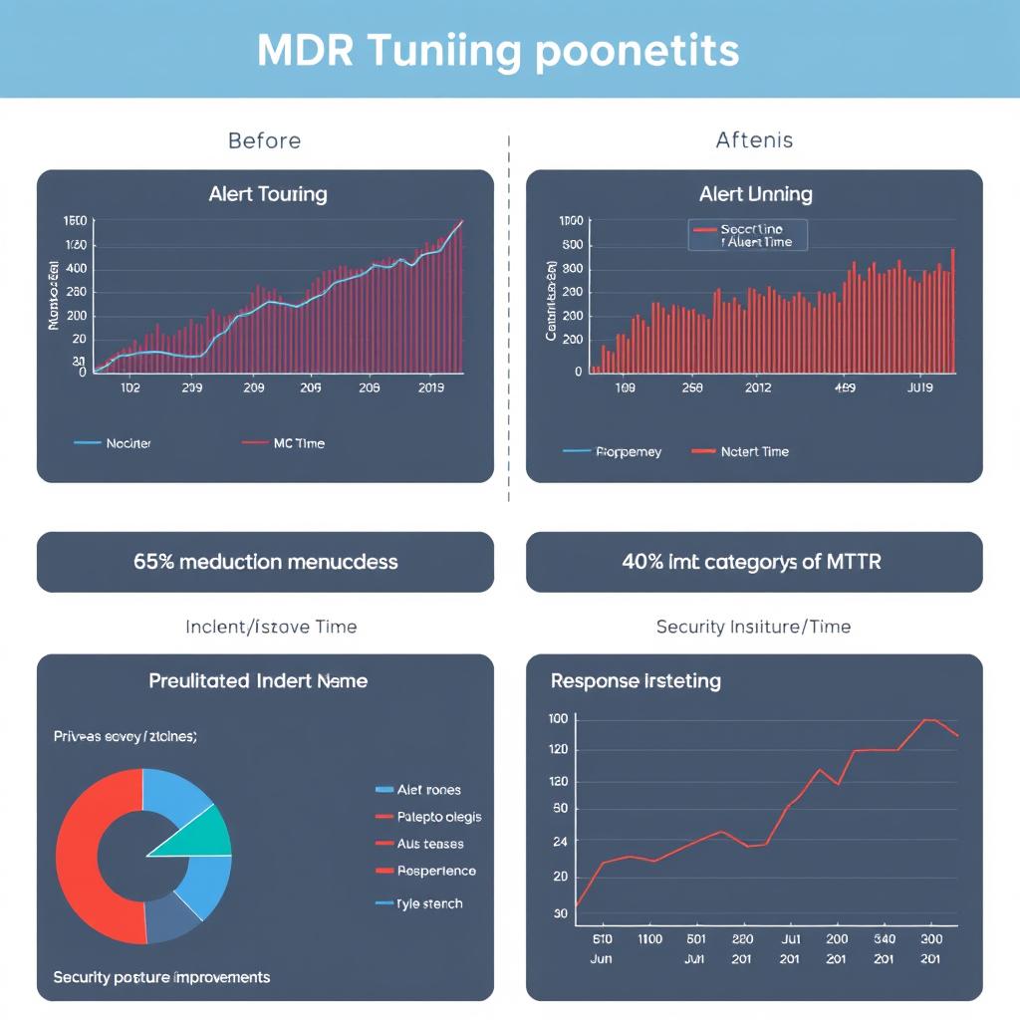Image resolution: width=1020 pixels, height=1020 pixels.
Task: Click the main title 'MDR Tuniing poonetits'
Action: pos(498,50)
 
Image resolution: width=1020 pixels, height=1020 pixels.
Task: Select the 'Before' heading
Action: pos(264,140)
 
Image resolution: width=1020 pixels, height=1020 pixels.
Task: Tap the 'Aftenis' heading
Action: pos(754,140)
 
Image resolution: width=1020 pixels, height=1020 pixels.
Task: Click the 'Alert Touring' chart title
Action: pos(268,194)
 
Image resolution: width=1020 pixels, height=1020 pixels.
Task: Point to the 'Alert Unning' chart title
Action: pos(755,194)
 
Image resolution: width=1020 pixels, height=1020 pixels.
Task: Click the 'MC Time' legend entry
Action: pos(298,443)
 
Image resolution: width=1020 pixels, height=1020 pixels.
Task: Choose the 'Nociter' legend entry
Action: pos(127,443)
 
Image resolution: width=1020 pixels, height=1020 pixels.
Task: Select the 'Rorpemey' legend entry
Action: pos(628,451)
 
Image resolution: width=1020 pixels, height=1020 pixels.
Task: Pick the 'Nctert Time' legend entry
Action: pos(754,451)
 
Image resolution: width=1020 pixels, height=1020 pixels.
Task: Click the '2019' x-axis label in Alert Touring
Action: pos(430,388)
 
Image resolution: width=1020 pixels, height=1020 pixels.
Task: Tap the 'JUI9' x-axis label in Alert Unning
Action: pos(919,388)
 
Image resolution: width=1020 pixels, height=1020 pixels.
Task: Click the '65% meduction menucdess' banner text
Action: pos(265,562)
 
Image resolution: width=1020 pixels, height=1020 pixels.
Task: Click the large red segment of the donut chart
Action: pos(85,857)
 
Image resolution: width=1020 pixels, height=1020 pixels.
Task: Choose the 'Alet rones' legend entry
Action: pos(428,790)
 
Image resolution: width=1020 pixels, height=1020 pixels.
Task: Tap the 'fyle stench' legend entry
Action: pos(429,903)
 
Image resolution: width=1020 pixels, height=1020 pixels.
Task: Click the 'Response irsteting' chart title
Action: pos(636,682)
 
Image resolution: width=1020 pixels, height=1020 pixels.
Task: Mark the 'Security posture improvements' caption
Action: pos(161,977)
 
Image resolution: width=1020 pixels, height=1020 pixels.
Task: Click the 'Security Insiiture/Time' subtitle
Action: pos(753,627)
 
